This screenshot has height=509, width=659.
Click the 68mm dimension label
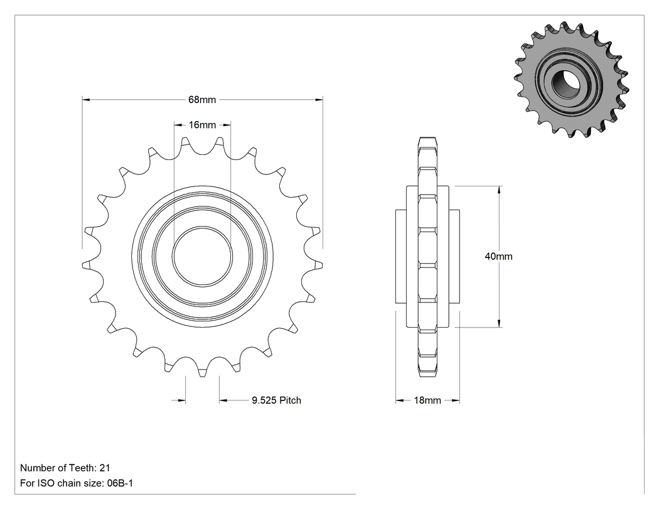click(x=202, y=100)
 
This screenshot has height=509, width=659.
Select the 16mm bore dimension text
click(x=202, y=125)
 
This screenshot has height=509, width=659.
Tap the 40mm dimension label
click(x=498, y=257)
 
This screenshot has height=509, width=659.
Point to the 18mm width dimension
click(x=427, y=400)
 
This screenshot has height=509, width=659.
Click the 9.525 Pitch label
click(x=277, y=400)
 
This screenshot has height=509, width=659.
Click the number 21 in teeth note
click(x=105, y=468)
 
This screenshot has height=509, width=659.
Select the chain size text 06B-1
click(x=121, y=483)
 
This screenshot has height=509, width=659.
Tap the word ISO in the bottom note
click(x=46, y=483)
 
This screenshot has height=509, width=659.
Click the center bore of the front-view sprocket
click(x=202, y=256)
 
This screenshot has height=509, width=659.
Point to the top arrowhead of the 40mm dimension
click(x=499, y=190)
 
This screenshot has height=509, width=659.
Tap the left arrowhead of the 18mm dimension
click(x=400, y=400)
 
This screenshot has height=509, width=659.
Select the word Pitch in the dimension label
click(x=291, y=400)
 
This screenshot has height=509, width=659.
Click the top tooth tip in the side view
click(x=428, y=139)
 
